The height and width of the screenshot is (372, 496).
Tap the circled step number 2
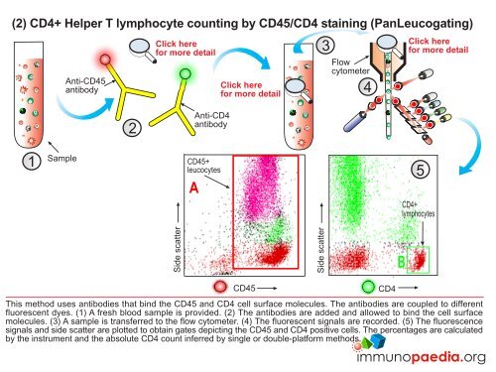click(x=129, y=127)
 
